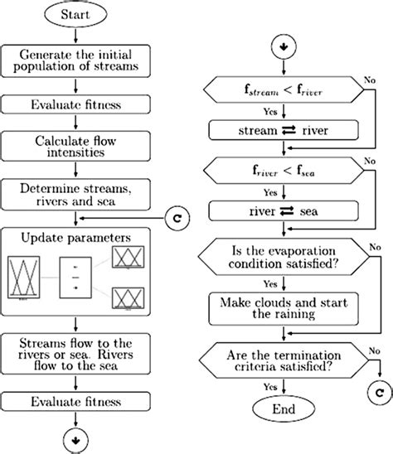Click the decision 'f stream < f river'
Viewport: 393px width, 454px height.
(x=284, y=90)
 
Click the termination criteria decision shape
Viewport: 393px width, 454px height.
(x=284, y=360)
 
